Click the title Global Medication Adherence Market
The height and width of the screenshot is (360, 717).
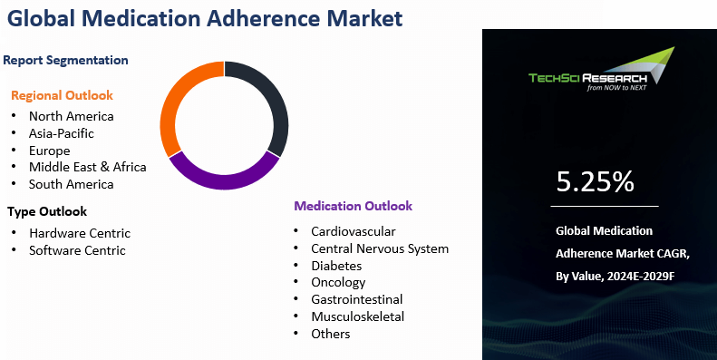(x=204, y=18)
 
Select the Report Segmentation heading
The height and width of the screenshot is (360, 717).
(x=65, y=60)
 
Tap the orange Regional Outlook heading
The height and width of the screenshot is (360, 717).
(x=63, y=95)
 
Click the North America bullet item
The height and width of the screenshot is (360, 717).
(x=71, y=116)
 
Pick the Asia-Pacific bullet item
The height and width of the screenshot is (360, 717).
(x=61, y=133)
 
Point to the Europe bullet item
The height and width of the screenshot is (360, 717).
(x=49, y=151)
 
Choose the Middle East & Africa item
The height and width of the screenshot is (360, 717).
(x=87, y=167)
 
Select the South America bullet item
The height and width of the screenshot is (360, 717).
(x=71, y=184)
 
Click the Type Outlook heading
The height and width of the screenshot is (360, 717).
(x=47, y=212)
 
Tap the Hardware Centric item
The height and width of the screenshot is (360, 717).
(x=80, y=233)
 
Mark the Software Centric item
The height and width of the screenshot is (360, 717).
(x=77, y=250)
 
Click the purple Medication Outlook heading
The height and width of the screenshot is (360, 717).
(x=353, y=206)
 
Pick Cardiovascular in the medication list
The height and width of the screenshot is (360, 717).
(x=353, y=232)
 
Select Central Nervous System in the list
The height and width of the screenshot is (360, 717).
(x=380, y=248)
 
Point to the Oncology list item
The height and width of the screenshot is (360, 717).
(x=339, y=283)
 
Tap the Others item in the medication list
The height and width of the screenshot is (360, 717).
(x=330, y=334)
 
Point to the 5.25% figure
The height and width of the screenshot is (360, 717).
(x=595, y=182)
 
